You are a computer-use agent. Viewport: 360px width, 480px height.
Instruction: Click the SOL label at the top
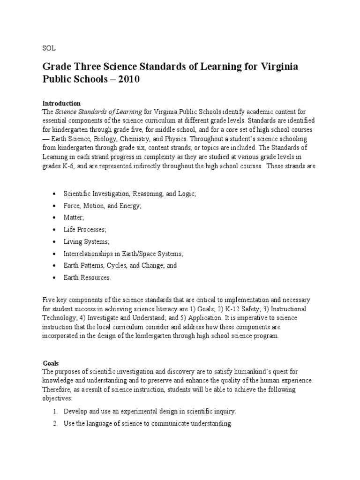[49, 48]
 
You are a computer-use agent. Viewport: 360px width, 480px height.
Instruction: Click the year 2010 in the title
[129, 79]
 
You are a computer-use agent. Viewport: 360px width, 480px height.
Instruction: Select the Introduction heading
[61, 103]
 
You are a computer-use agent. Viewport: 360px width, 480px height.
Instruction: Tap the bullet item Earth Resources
[87, 277]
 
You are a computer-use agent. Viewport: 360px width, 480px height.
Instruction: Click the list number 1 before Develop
[54, 412]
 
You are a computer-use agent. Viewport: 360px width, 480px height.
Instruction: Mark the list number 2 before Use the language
[54, 424]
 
